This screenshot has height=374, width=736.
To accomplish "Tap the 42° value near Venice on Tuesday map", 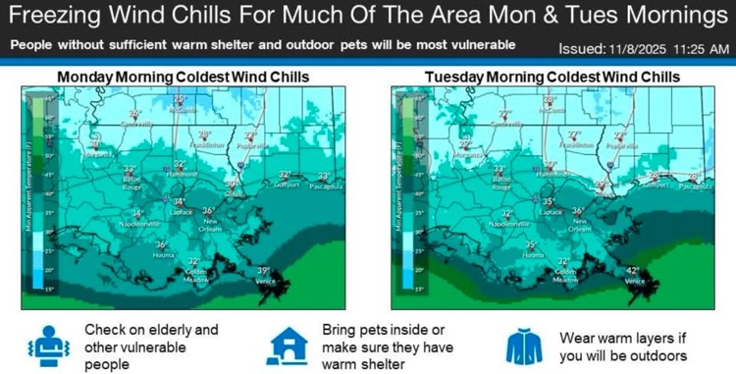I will [632, 270].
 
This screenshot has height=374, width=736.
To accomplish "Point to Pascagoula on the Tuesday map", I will [698, 184].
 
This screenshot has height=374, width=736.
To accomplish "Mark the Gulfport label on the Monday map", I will [286, 184].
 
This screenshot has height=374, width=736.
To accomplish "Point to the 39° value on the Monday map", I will [262, 270].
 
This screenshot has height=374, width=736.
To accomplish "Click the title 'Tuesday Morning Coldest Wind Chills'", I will [552, 77].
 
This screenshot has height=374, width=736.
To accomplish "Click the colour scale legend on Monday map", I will [36, 191].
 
